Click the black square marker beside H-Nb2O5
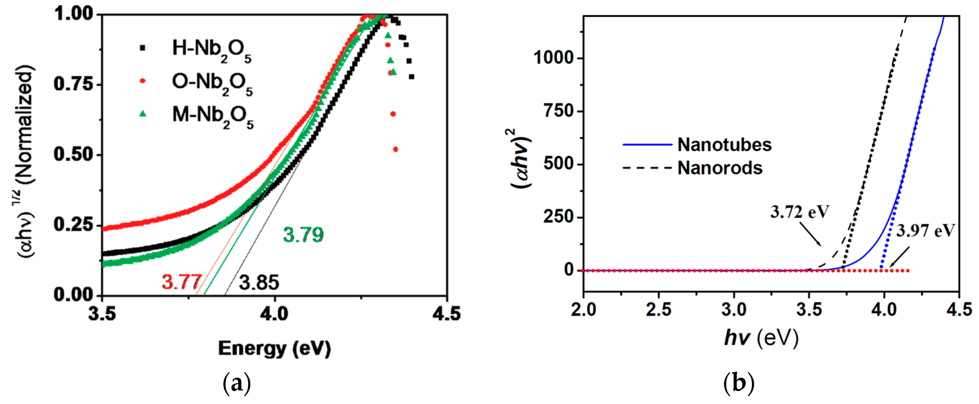click(x=143, y=48)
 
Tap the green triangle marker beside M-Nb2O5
click(x=143, y=113)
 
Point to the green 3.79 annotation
click(x=303, y=235)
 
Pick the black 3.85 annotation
click(x=259, y=283)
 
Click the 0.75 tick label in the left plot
click(x=73, y=84)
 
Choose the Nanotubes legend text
click(x=724, y=145)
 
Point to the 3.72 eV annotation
click(x=799, y=212)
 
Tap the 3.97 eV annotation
click(x=925, y=231)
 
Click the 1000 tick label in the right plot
click(x=553, y=58)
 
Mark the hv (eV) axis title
click(x=761, y=337)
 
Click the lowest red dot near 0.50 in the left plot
click(x=396, y=149)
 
